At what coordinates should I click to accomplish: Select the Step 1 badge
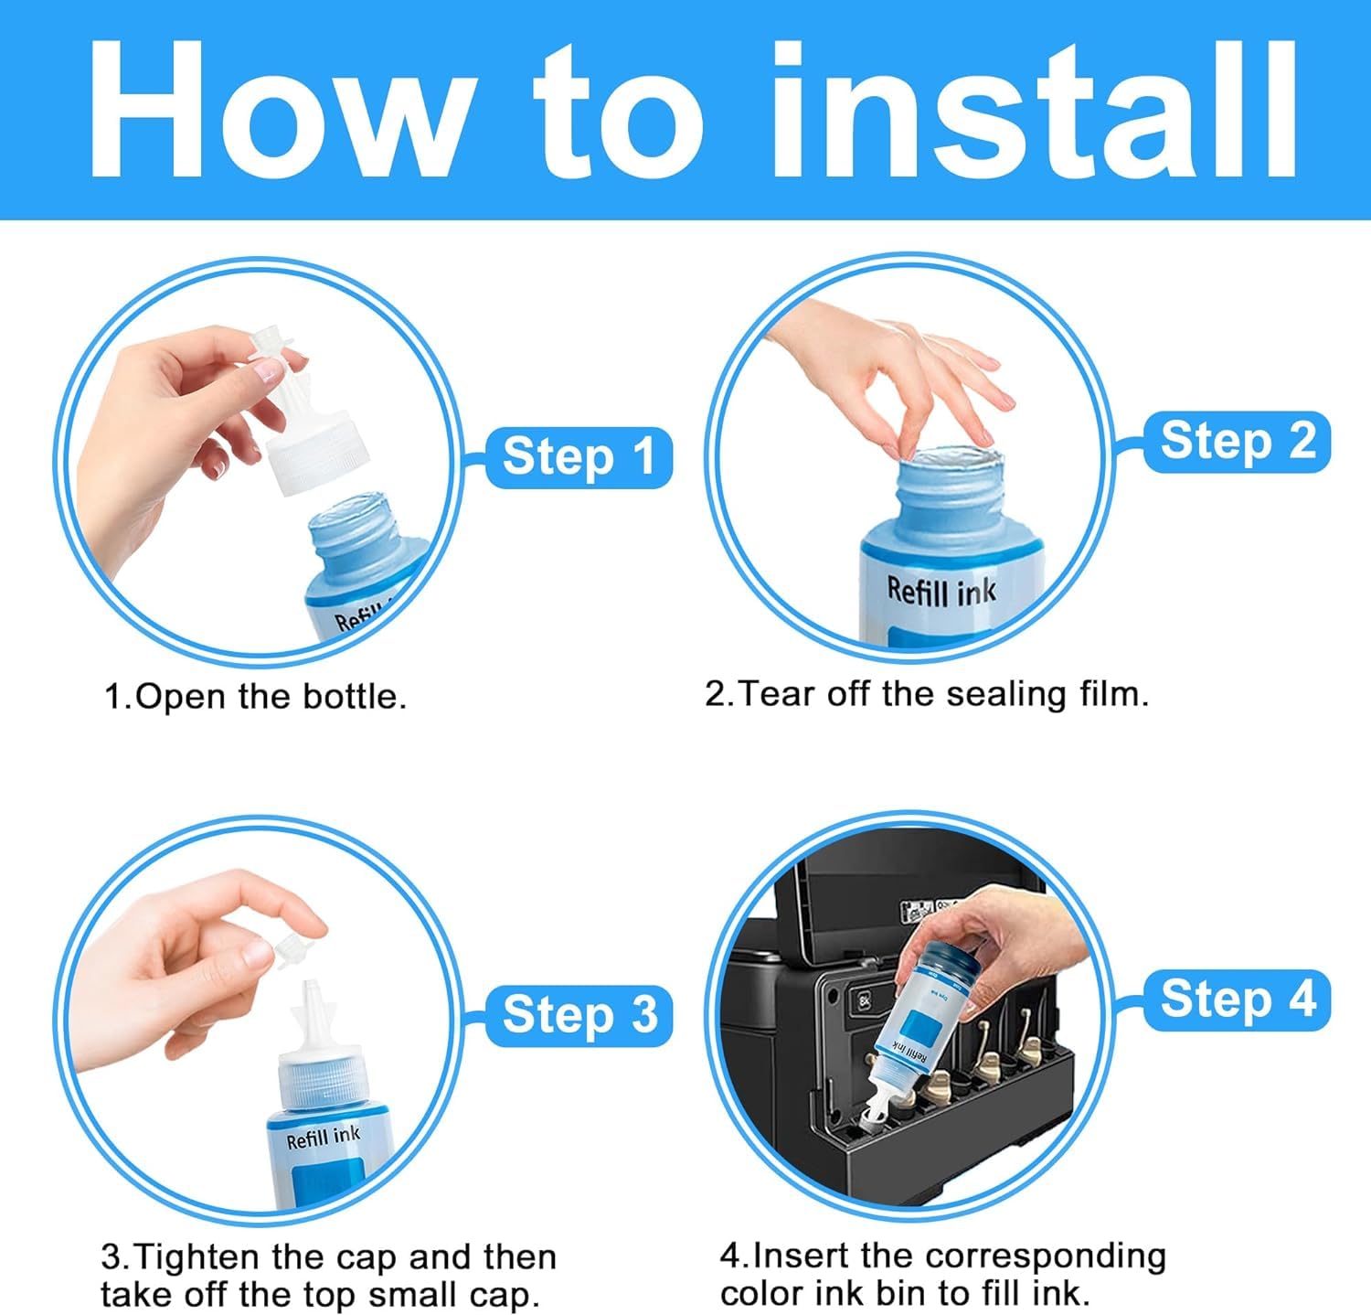(x=579, y=457)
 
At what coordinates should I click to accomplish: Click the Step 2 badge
(x=1237, y=442)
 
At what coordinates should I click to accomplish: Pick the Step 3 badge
(x=579, y=1015)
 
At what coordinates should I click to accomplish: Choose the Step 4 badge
(x=1237, y=1000)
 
